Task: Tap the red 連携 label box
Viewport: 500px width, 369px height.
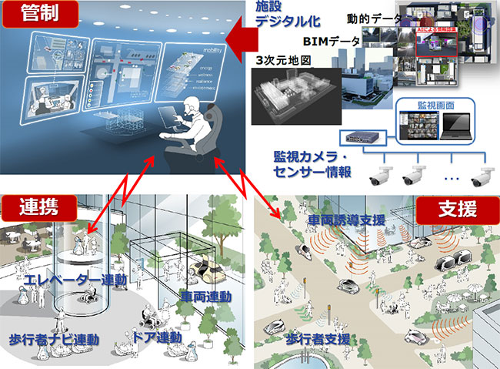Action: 29,206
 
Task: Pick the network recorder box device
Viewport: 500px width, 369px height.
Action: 362,136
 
